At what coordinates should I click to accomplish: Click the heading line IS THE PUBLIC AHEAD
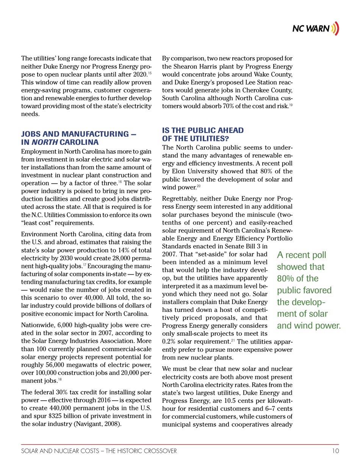click(x=203, y=130)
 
